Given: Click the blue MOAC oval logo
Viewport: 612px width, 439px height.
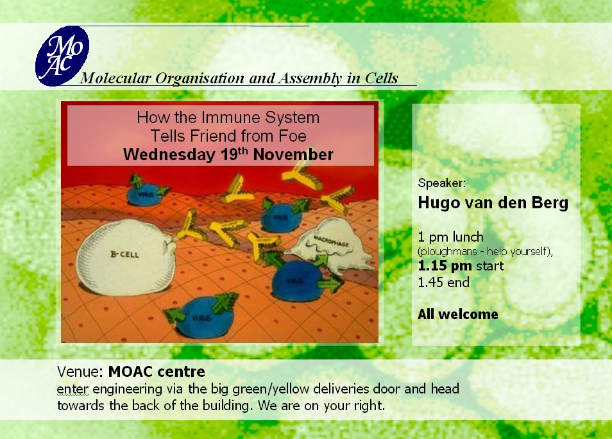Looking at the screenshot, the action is point(62,56).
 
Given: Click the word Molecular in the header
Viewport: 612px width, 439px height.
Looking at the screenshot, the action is point(115,78).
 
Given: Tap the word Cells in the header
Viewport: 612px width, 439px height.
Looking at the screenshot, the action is point(381,78).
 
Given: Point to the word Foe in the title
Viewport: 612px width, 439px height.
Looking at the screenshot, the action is point(293,136).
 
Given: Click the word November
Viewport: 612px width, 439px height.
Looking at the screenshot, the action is point(293,155).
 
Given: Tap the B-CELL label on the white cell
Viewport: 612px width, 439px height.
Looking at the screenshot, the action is point(124,254).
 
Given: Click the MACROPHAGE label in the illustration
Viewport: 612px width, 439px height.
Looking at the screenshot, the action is point(331,240).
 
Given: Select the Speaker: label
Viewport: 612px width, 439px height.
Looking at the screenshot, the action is point(442,183).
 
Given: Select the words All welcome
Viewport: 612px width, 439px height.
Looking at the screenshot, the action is point(458,314).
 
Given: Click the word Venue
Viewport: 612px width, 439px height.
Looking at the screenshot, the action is point(80,372).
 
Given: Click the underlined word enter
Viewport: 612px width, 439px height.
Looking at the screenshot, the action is point(72,390).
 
